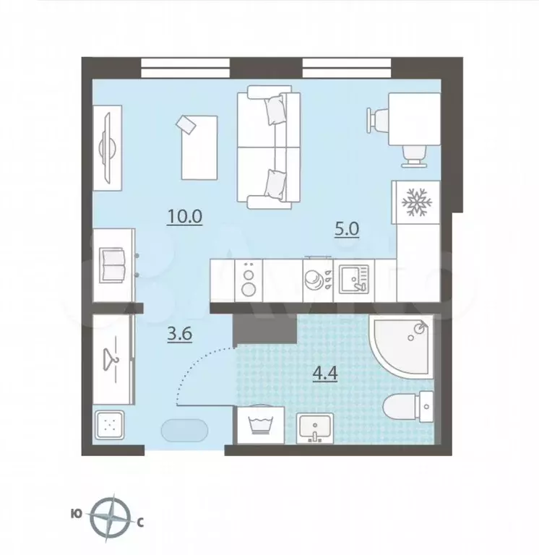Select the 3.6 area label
[x=180, y=335]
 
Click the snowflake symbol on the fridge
[x=415, y=202]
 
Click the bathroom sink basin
[x=316, y=428]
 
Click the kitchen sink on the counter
[x=353, y=278]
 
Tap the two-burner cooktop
[x=250, y=280]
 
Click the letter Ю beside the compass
[x=76, y=515]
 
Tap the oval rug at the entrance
[x=183, y=431]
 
